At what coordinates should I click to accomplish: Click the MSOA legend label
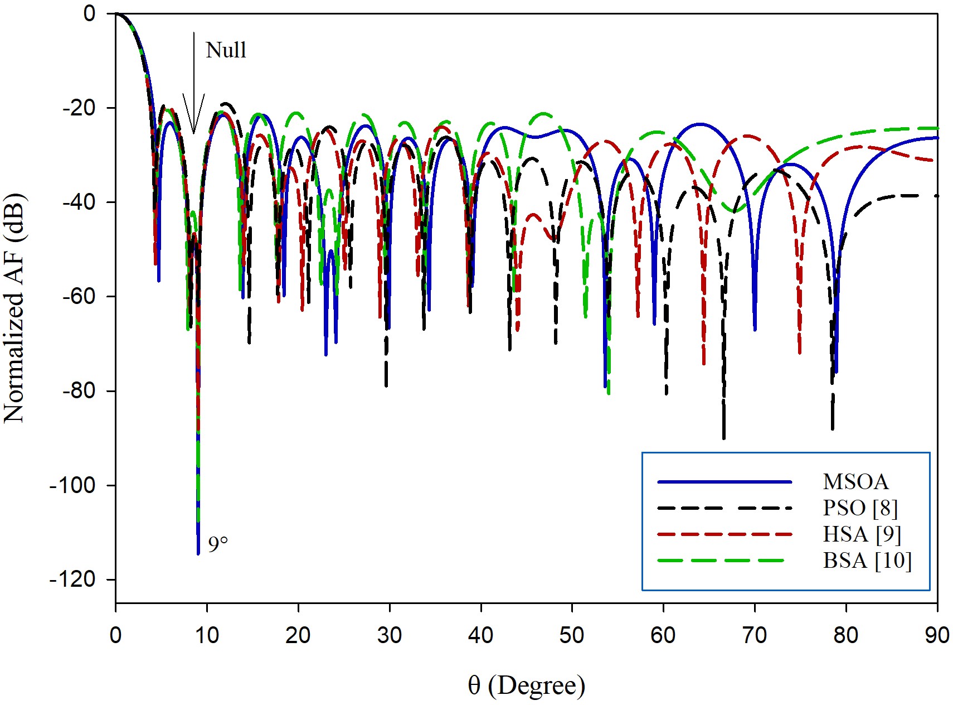pyautogui.click(x=855, y=481)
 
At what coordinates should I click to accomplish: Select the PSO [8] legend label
pyautogui.click(x=860, y=508)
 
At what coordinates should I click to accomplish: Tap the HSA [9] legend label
pyautogui.click(x=862, y=534)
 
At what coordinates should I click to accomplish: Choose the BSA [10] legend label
pyautogui.click(x=867, y=560)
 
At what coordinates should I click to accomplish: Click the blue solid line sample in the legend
pyautogui.click(x=725, y=482)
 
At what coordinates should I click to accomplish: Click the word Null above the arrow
pyautogui.click(x=226, y=50)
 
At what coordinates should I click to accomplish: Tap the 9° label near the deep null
pyautogui.click(x=218, y=544)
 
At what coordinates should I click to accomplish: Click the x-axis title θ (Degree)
pyautogui.click(x=527, y=685)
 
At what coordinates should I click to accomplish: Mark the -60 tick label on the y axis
pyautogui.click(x=81, y=296)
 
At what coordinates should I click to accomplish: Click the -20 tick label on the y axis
pyautogui.click(x=81, y=108)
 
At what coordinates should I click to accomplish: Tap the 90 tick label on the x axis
pyautogui.click(x=937, y=635)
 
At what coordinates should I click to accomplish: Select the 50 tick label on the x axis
pyautogui.click(x=572, y=635)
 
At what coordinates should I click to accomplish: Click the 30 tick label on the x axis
pyautogui.click(x=389, y=635)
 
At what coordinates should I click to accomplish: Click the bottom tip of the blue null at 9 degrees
pyautogui.click(x=198, y=553)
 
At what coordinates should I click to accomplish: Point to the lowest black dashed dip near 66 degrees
pyautogui.click(x=723, y=438)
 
